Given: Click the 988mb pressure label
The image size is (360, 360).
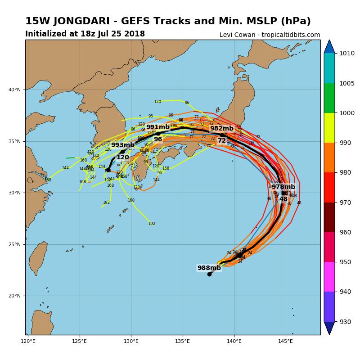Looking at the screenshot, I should tap(209, 268).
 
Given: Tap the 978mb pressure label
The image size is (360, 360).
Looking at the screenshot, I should tap(283, 187).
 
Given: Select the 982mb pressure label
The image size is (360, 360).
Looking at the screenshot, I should tap(222, 129).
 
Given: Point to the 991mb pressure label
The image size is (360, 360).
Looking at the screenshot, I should tap(158, 127).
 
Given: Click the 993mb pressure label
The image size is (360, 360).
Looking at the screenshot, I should tap(123, 145).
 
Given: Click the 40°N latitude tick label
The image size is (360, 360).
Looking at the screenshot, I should tap(15, 90).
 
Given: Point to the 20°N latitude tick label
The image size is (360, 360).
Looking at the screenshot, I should tap(15, 296).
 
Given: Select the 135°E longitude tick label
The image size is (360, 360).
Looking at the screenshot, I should tap(183, 341).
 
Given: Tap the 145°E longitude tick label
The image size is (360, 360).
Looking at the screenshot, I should tap(285, 341).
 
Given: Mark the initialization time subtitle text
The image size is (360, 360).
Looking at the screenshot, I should tap(85, 34).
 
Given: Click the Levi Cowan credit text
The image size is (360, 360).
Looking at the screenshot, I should tap(270, 35).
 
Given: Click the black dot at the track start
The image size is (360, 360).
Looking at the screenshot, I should tap(209, 274).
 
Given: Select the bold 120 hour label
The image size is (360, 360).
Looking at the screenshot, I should tap(123, 157).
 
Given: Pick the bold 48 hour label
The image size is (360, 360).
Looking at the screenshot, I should tap(283, 199).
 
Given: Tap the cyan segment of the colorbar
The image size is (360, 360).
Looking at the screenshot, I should tap(329, 68).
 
